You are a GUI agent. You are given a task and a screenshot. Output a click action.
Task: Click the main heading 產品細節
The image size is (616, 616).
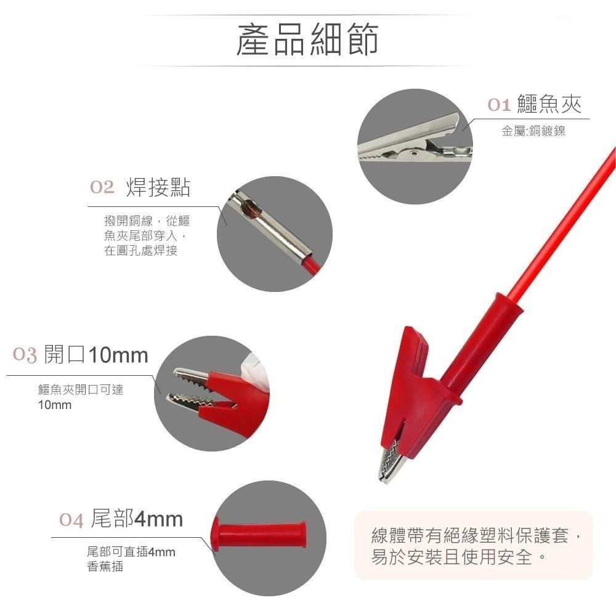click(307, 39)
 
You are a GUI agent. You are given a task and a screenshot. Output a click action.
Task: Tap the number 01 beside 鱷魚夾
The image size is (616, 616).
click(499, 105)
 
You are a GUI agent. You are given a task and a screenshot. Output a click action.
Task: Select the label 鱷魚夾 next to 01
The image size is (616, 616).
click(549, 103)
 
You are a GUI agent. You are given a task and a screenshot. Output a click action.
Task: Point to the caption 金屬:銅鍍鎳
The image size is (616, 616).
click(533, 131)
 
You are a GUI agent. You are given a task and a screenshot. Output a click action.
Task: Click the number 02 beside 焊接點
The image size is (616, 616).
click(102, 187)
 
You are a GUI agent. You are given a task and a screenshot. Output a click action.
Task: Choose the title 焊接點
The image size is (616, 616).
click(158, 187)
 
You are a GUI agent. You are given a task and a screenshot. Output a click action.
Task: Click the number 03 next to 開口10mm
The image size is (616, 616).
click(25, 355)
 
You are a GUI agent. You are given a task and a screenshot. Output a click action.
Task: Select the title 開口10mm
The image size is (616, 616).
click(96, 354)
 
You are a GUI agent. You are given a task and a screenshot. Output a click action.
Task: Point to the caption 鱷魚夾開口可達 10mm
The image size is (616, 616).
click(81, 397)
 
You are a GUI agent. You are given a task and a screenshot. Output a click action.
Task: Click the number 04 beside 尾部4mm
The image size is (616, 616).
click(71, 520)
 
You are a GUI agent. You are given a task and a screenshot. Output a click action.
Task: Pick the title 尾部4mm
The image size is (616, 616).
click(137, 519)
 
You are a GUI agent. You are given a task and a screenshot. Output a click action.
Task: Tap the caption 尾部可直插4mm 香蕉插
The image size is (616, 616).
click(131, 559)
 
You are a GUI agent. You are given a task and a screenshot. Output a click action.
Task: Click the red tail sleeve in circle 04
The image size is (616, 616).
click(258, 534)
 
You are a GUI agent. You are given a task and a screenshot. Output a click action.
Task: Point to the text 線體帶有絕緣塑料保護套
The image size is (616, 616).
click(469, 535)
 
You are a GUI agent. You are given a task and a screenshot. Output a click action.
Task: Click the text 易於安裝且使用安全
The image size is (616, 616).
click(452, 557)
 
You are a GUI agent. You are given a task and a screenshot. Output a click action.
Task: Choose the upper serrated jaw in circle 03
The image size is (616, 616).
click(192, 376)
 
